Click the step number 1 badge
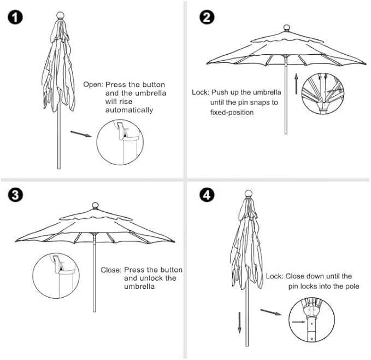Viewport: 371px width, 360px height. point(16,18)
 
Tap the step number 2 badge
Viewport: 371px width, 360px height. point(207,17)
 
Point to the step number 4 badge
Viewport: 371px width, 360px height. point(207,194)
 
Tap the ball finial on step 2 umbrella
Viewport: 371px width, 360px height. point(286,27)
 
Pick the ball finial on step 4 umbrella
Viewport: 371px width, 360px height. point(248,193)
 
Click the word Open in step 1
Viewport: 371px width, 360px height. point(92,85)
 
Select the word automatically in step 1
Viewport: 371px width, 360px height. point(129,110)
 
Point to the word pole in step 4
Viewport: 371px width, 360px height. point(350,286)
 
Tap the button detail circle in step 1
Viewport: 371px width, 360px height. point(121,144)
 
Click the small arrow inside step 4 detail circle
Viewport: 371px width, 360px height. point(299,322)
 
